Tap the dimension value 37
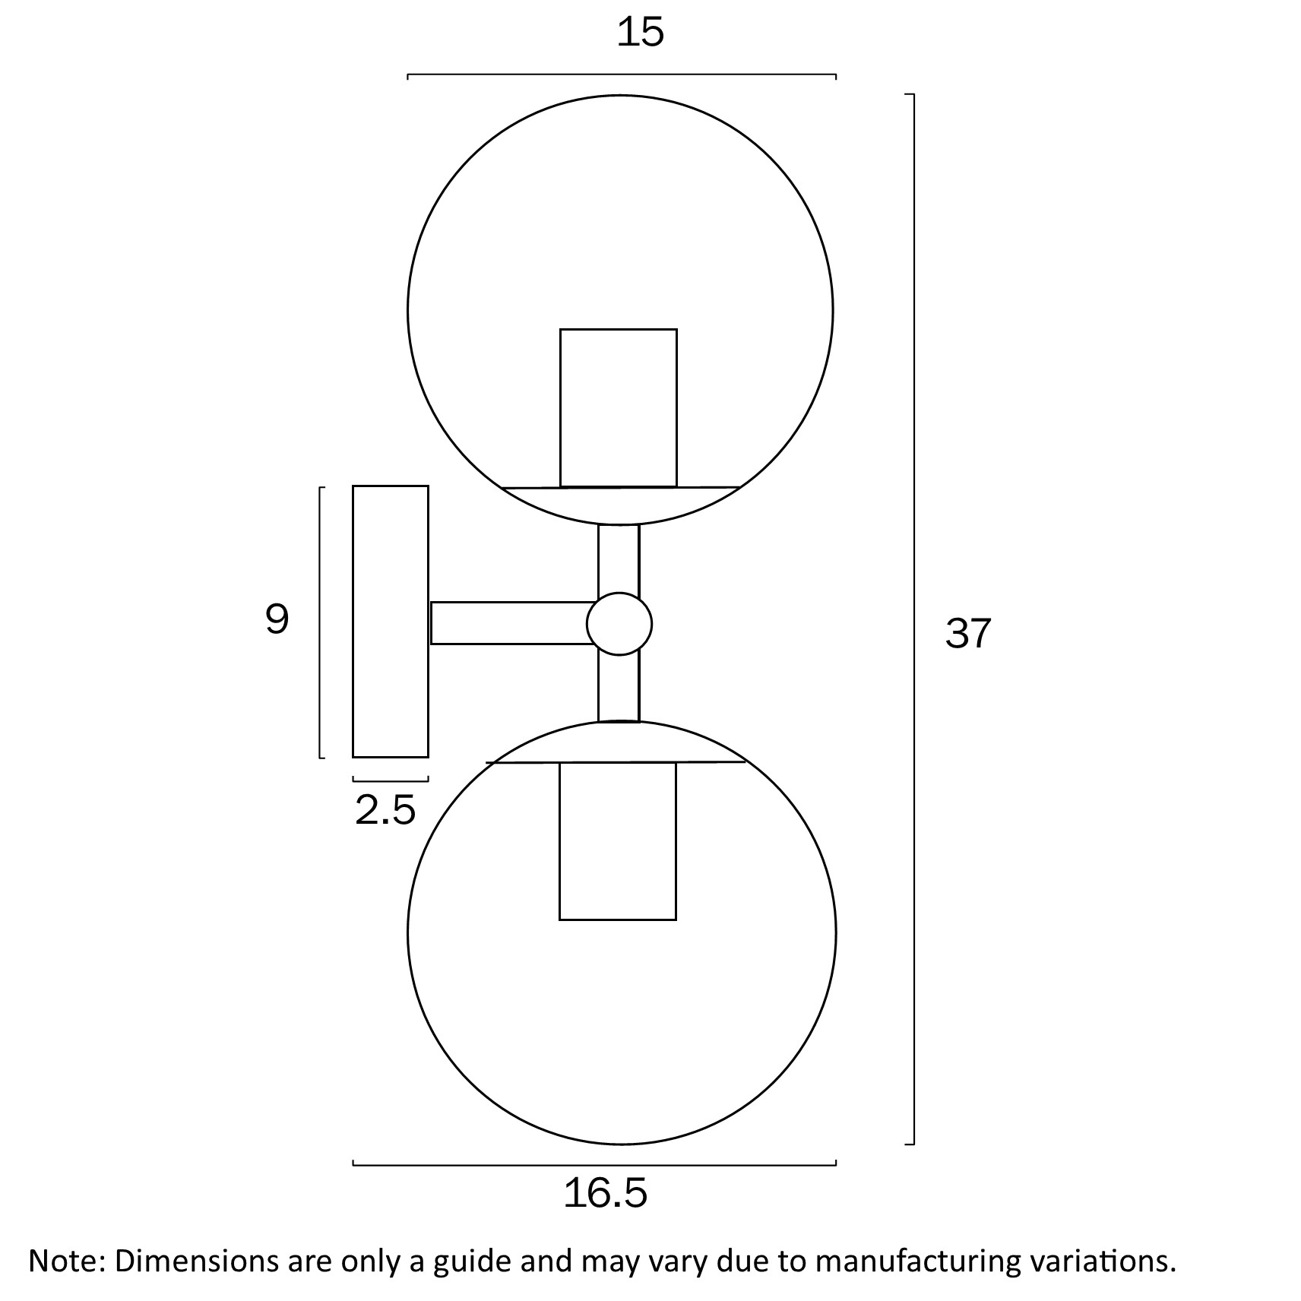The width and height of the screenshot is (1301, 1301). coord(968,633)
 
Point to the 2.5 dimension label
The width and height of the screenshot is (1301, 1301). coord(385,810)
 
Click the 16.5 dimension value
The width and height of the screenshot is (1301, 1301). coord(606,1192)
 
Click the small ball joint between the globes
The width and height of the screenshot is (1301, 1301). coord(619,624)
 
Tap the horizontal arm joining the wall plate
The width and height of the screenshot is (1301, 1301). coord(512,623)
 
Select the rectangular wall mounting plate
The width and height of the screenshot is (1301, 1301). coord(391,622)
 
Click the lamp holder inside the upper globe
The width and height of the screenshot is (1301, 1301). coord(619,407)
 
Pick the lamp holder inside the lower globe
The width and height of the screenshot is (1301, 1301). coord(618,840)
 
